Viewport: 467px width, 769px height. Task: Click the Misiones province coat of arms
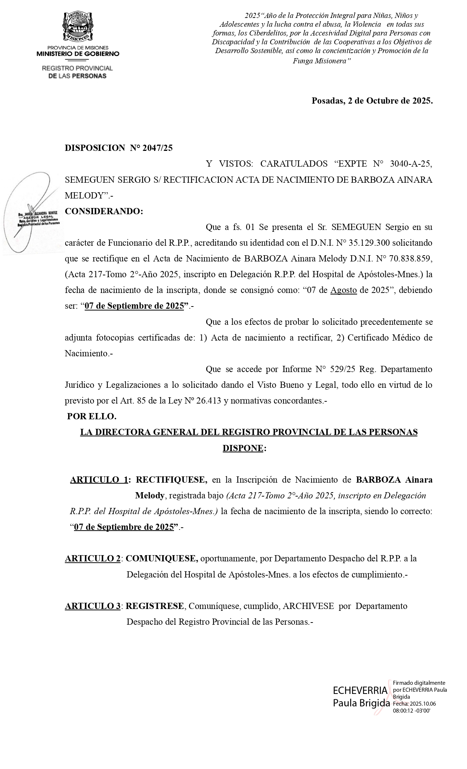(78, 27)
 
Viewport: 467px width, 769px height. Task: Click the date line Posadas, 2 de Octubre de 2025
(372, 101)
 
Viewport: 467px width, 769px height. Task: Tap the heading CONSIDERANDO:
(104, 211)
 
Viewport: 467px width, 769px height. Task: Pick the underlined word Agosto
(344, 290)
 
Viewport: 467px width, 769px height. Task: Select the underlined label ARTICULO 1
(99, 480)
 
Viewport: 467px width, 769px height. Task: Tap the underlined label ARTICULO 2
(93, 558)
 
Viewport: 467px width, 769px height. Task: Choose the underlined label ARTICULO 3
(93, 606)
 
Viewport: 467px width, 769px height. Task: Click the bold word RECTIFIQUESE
(171, 480)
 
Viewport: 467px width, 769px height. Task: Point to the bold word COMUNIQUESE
(162, 558)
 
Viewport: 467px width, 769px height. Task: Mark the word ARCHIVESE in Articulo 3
(308, 606)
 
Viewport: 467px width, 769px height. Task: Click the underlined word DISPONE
(243, 448)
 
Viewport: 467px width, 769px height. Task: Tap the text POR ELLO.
(92, 416)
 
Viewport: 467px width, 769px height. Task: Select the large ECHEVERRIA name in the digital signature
(360, 691)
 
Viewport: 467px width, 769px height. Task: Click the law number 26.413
(208, 401)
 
